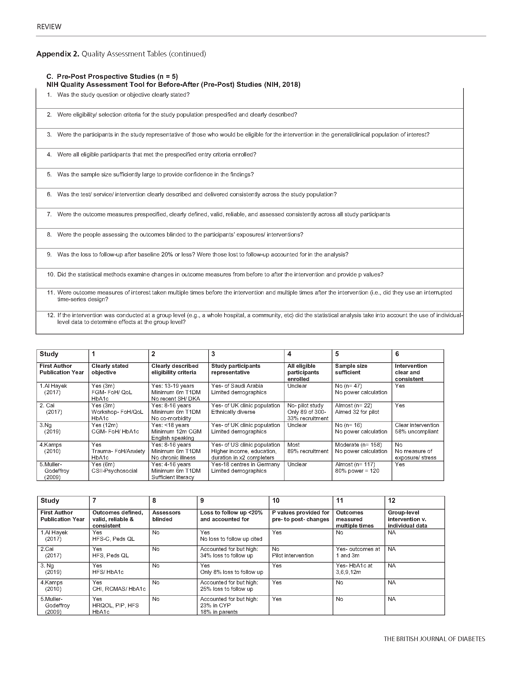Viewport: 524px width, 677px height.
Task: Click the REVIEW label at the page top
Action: [49, 27]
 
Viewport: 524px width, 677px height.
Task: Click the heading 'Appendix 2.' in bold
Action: [58, 54]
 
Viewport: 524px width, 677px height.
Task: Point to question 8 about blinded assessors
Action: [180, 235]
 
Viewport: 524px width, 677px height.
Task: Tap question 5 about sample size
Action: [155, 175]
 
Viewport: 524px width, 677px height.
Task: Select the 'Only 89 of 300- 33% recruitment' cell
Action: [307, 415]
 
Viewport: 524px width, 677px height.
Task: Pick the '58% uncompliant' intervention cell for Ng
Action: [416, 432]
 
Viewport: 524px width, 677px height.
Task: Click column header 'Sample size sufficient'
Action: [351, 369]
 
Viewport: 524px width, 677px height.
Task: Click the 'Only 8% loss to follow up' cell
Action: [231, 572]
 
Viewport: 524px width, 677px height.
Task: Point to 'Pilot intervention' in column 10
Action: [292, 556]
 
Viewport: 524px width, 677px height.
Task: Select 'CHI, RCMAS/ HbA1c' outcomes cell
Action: [119, 589]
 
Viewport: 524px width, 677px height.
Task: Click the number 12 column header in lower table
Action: [391, 501]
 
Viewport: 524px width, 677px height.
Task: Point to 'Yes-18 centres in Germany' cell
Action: [245, 464]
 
